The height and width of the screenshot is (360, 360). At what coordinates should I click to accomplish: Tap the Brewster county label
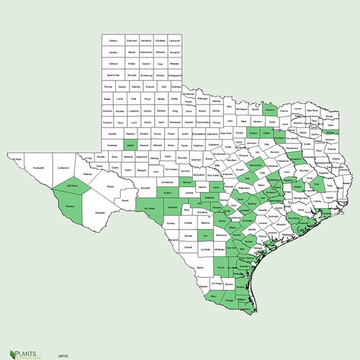click(x=100, y=213)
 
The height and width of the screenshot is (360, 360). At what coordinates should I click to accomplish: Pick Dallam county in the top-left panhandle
click(x=111, y=42)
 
